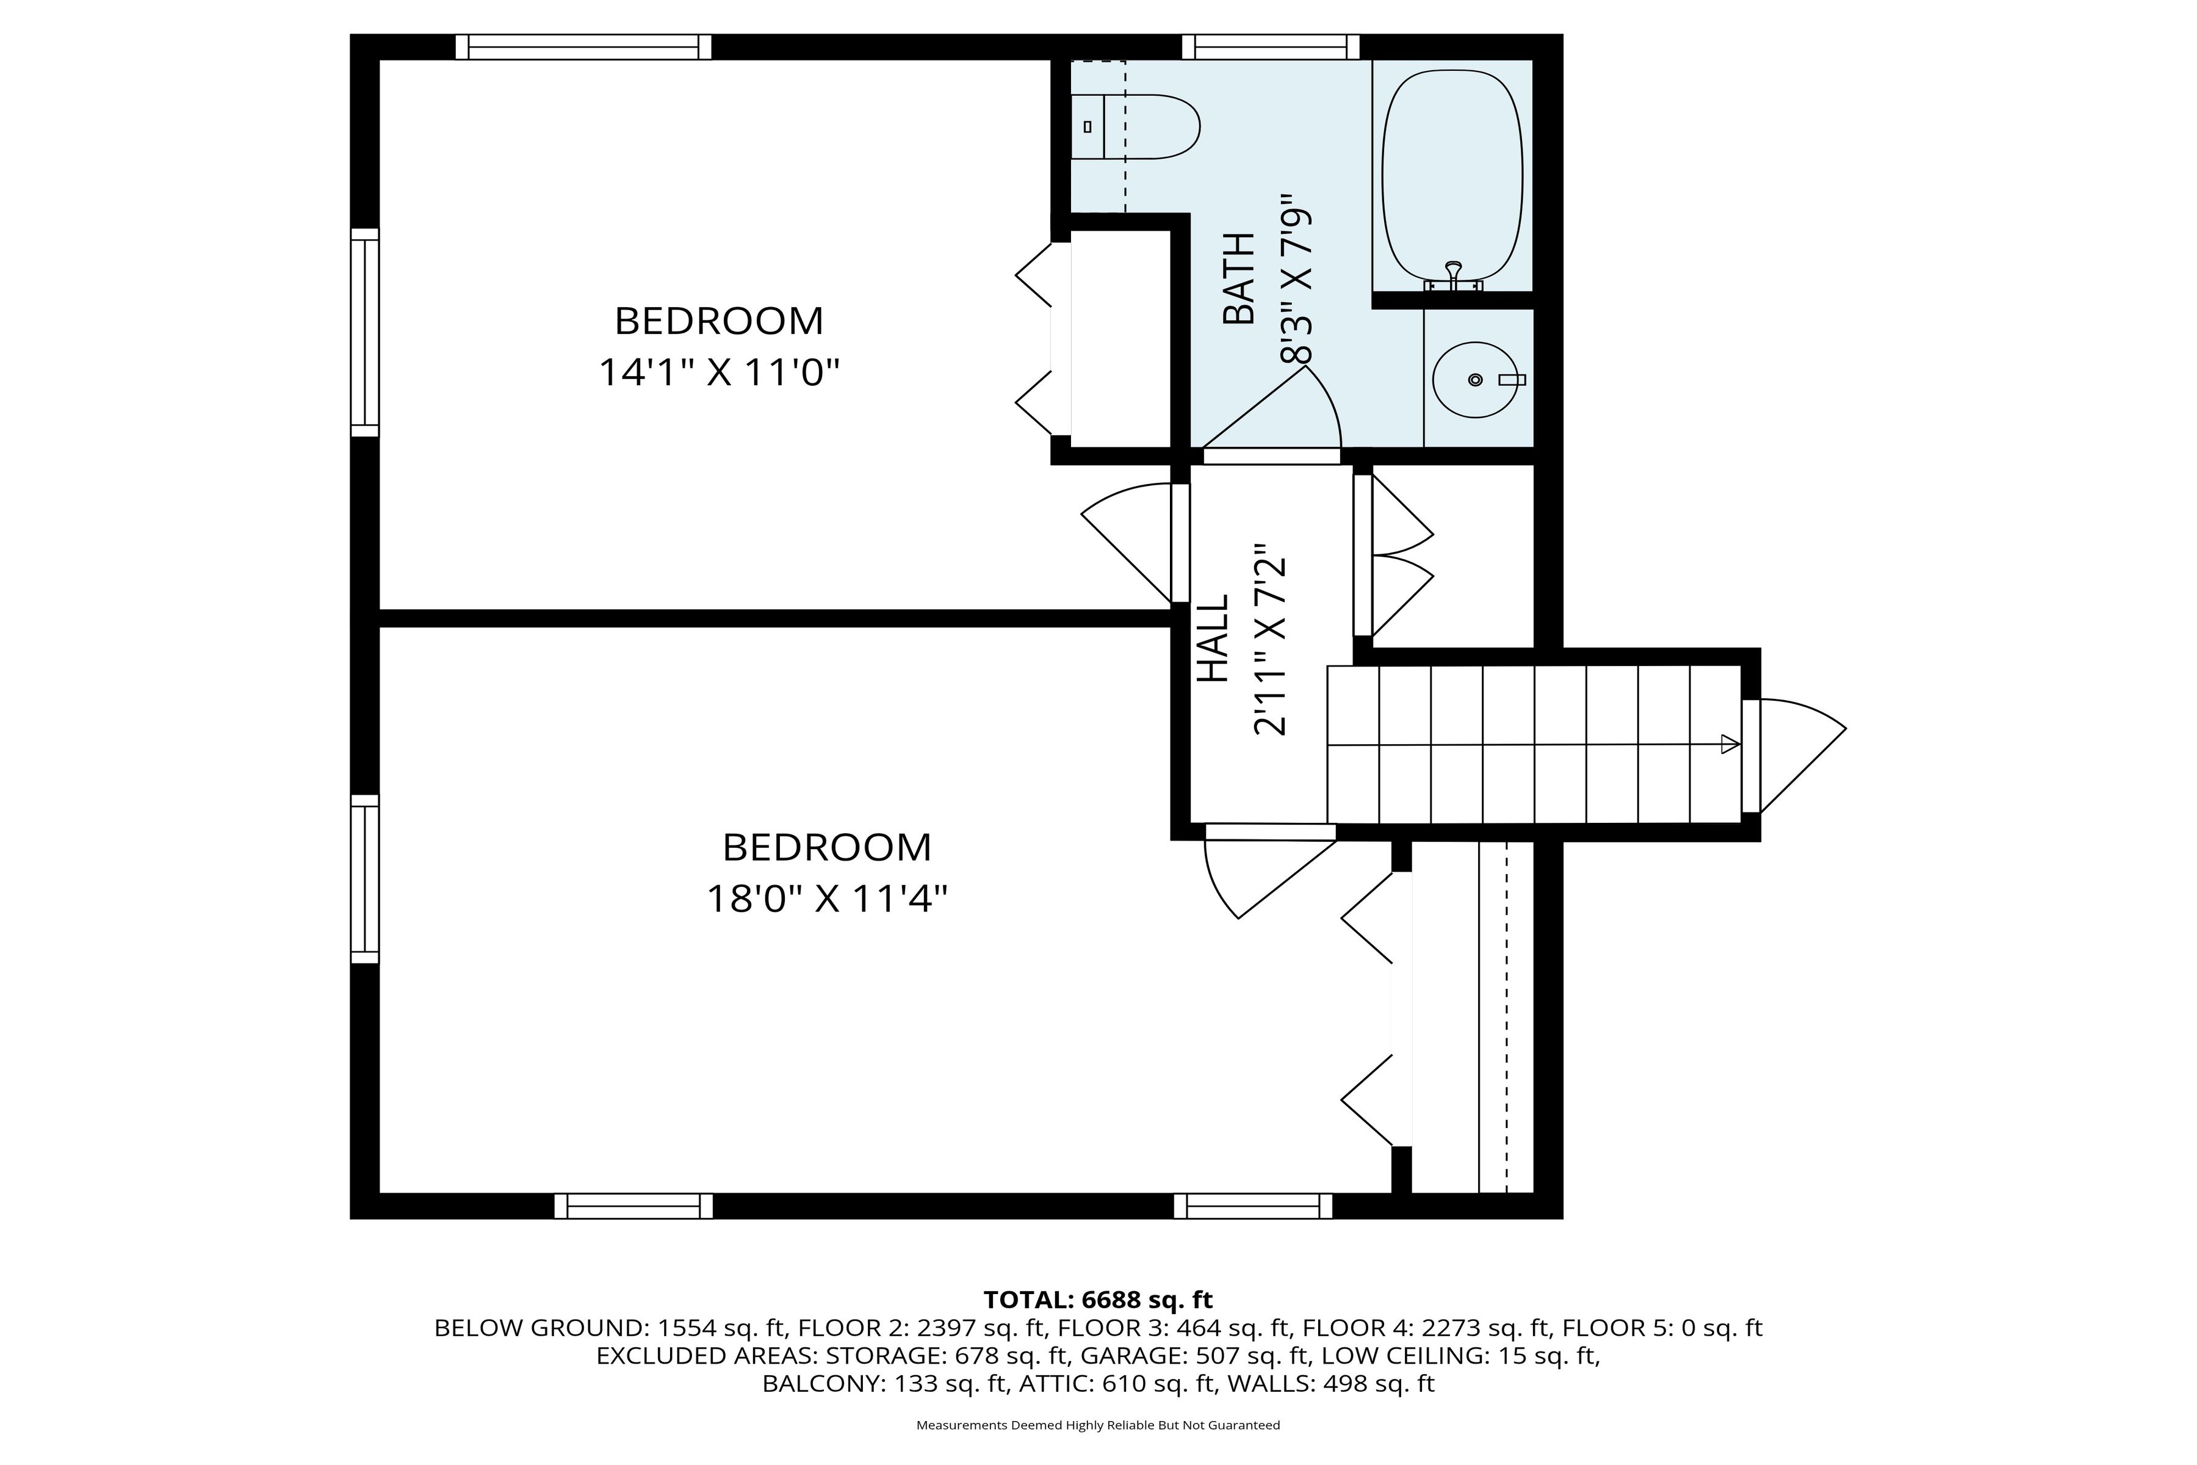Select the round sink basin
[1475, 379]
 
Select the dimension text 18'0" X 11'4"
[827, 900]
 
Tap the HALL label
[1213, 639]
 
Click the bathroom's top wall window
[1271, 47]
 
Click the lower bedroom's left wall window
[365, 878]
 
